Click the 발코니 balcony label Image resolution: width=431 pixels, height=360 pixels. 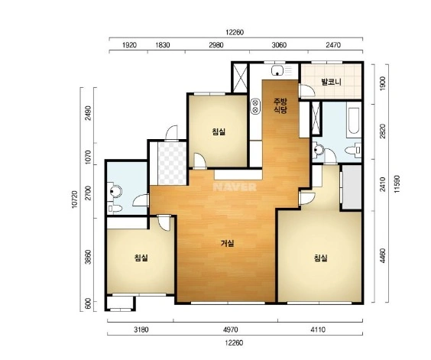(331, 82)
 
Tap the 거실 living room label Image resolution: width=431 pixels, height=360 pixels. (227, 243)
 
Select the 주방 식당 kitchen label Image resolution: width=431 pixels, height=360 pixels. (280, 106)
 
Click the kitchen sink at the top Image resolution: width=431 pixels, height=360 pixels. (278, 71)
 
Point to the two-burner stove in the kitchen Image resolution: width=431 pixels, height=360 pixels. (255, 106)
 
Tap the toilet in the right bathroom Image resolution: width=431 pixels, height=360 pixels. (354, 150)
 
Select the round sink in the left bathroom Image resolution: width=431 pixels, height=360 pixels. (115, 190)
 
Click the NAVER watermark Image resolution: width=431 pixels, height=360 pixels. (235, 187)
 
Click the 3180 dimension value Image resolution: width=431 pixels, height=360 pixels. (141, 329)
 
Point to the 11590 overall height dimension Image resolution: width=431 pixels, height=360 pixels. (397, 183)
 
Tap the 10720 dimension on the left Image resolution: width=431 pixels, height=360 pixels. (74, 199)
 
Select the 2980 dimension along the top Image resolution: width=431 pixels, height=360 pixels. (216, 45)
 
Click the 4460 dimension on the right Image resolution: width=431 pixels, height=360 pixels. (382, 255)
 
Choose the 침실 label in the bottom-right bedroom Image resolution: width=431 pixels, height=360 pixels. (320, 258)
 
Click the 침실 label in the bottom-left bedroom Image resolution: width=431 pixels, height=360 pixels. (141, 258)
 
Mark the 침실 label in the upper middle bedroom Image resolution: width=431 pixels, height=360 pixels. (219, 131)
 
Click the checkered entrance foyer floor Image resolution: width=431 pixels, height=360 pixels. (172, 163)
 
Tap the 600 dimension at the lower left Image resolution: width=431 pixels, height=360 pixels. (88, 304)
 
